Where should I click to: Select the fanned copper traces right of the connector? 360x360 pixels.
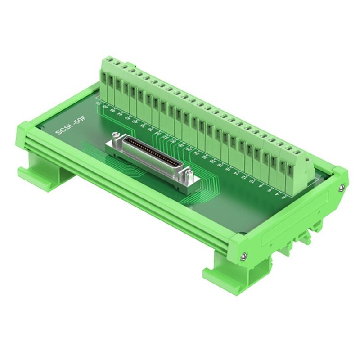tap(207, 184)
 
